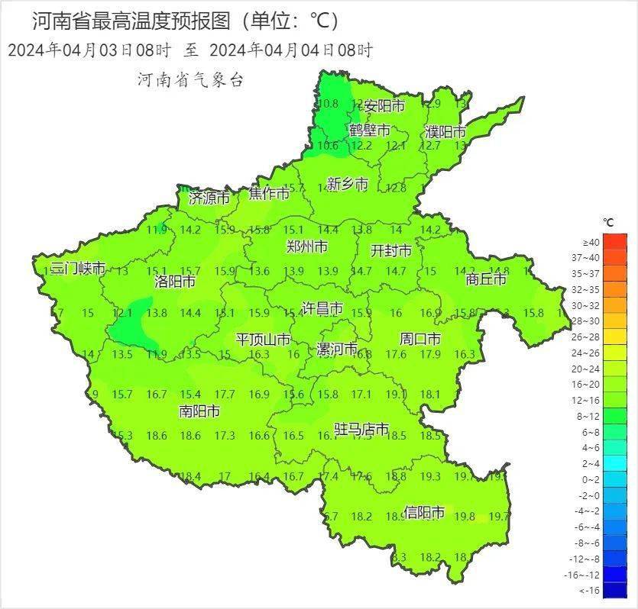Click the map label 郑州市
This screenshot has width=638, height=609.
pos(306,246)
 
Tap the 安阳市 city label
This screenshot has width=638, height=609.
pos(384,105)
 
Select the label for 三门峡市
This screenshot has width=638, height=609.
pos(77,269)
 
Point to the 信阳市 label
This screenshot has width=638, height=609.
pos(424,512)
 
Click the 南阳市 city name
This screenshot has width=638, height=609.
pos(199,411)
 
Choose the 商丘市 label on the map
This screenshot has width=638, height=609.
pos(486,279)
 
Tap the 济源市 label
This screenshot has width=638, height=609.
pos(209,198)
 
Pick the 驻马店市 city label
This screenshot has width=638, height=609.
pos(362,430)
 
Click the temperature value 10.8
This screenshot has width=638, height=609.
pos(329,104)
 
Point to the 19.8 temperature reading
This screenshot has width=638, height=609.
pos(465,517)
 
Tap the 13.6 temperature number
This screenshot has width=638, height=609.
pos(260,271)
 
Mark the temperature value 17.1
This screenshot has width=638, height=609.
pos(361,395)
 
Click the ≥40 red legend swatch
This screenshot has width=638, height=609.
pos(614,242)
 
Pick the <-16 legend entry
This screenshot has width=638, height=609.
pos(614,590)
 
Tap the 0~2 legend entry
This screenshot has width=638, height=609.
pos(614,479)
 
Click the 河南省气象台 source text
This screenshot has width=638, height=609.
pos(189,79)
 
